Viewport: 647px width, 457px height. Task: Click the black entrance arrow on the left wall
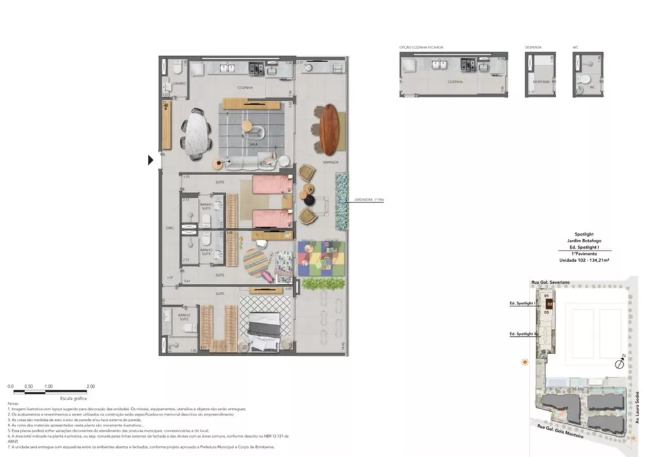pyautogui.click(x=151, y=160)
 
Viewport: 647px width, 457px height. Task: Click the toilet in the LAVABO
pyautogui.click(x=177, y=68)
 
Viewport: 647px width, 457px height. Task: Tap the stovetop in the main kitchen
pyautogui.click(x=256, y=67)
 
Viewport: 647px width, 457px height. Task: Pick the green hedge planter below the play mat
pyautogui.click(x=320, y=283)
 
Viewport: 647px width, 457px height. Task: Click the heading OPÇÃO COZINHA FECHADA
pyautogui.click(x=422, y=47)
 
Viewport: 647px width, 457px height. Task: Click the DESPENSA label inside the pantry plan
pyautogui.click(x=540, y=83)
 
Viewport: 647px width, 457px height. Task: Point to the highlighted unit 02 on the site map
pyautogui.click(x=549, y=303)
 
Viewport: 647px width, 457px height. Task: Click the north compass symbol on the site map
pyautogui.click(x=620, y=364)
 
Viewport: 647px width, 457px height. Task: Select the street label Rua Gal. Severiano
pyautogui.click(x=545, y=281)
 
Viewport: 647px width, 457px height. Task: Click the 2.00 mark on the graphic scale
pyautogui.click(x=91, y=386)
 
